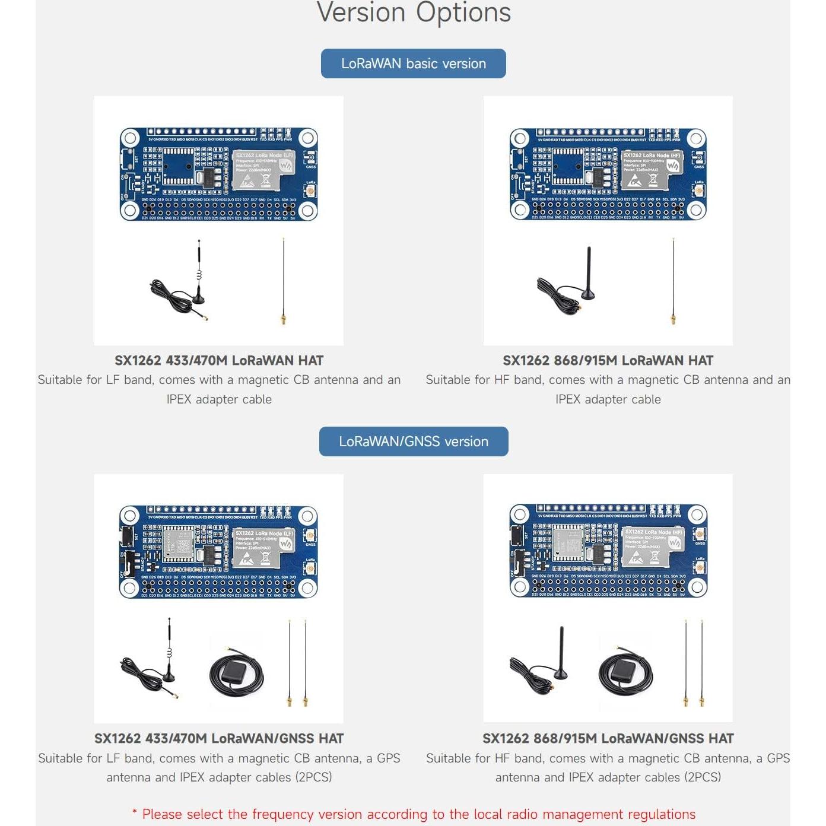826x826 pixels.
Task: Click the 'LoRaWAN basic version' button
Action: click(x=413, y=63)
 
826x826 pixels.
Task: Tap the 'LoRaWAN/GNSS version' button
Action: click(x=413, y=441)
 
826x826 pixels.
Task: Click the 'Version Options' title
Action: click(x=413, y=13)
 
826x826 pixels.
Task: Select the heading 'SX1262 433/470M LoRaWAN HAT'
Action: click(x=218, y=360)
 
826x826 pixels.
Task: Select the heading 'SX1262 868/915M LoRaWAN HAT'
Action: click(x=608, y=360)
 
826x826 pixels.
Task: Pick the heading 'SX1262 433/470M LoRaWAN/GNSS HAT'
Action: click(x=218, y=738)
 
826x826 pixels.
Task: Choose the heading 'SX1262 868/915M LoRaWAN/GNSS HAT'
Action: click(x=608, y=738)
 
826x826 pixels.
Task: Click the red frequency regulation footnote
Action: click(x=413, y=814)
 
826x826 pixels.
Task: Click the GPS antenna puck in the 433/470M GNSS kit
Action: click(x=236, y=673)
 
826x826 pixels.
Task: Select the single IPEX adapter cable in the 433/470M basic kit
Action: click(x=284, y=282)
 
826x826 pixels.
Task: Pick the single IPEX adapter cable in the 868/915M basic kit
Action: click(x=673, y=282)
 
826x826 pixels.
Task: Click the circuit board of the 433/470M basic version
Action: click(x=218, y=174)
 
